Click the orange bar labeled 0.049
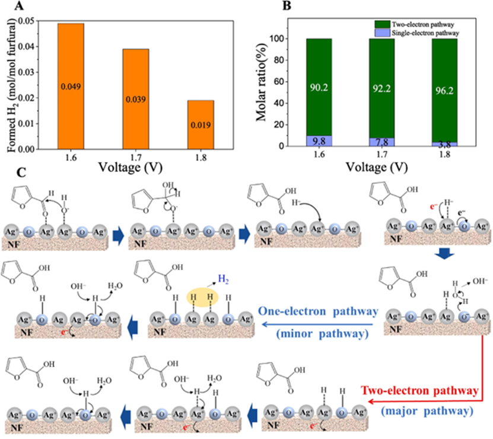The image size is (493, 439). pos(71,86)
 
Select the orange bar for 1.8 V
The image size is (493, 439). pos(201,125)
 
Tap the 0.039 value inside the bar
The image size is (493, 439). pos(136,100)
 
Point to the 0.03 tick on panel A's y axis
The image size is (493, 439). pos(27,72)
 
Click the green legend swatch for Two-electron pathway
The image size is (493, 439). pos(382,24)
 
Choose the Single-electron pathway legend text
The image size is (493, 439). pos(425,33)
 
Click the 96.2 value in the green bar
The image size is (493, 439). pos(444,91)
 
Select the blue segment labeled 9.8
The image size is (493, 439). pos(319,141)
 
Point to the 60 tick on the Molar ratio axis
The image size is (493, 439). pos(278,82)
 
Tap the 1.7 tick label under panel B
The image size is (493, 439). pos(381,154)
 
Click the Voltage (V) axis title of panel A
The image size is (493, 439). pos(131,167)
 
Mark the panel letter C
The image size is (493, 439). pos(21,172)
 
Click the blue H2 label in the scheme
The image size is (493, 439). pos(223,279)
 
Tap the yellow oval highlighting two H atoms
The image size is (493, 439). pos(202,297)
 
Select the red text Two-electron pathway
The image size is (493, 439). pos(420,390)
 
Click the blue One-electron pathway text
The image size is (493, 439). pos(318,311)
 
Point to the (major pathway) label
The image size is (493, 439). pos(427,411)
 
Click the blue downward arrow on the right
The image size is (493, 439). pos(445,253)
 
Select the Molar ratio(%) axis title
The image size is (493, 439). pos(261,82)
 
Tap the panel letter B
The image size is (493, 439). pos(287,5)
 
